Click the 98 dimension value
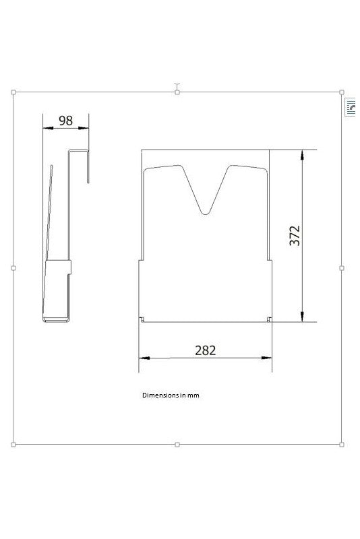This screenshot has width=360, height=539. [x=65, y=121]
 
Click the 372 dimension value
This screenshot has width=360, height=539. [x=295, y=236]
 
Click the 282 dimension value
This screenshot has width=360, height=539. [x=205, y=350]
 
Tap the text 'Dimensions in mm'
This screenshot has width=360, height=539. [x=171, y=395]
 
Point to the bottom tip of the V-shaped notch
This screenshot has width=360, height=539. [x=205, y=214]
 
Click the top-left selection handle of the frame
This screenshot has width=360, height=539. [x=13, y=92]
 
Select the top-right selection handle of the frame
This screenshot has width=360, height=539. [x=341, y=92]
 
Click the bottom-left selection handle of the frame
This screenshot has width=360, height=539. [x=13, y=445]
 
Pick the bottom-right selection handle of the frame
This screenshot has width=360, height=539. [x=341, y=445]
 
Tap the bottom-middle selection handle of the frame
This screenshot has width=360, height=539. [x=177, y=445]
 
